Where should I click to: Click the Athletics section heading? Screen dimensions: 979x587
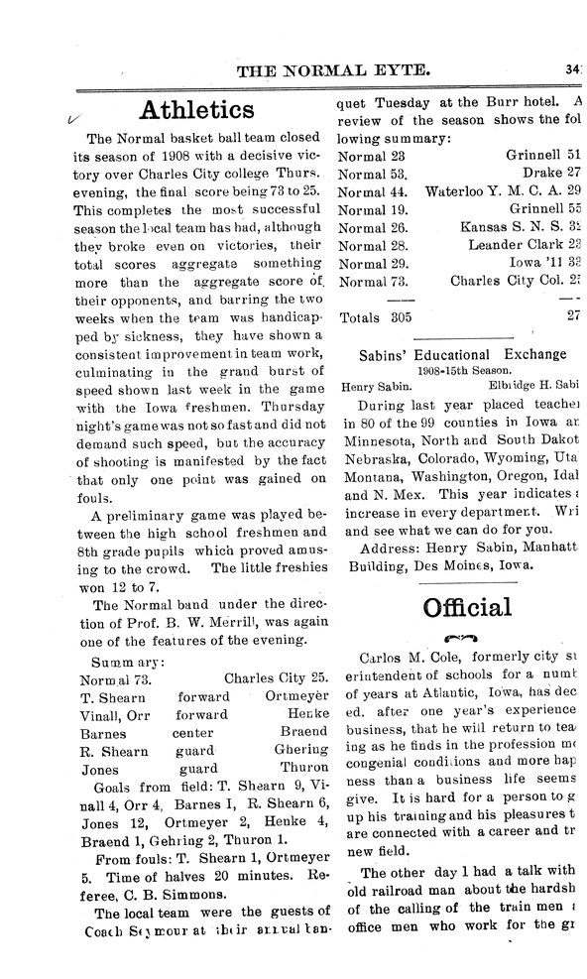(198, 108)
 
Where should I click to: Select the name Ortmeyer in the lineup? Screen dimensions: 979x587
(297, 696)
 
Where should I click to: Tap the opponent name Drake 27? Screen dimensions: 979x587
(550, 173)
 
